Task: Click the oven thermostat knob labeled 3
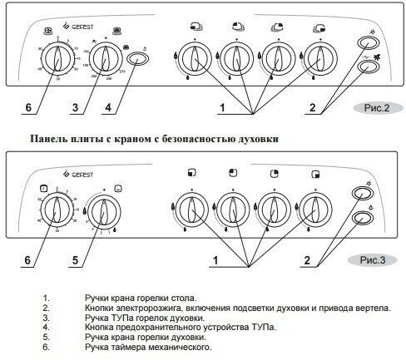105,60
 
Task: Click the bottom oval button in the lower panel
363,218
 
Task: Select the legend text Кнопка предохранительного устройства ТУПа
179,328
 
